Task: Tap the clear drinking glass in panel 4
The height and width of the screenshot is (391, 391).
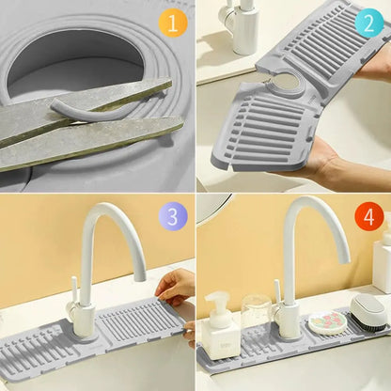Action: point(257,317)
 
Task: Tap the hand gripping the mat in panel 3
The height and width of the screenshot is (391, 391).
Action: point(177,287)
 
